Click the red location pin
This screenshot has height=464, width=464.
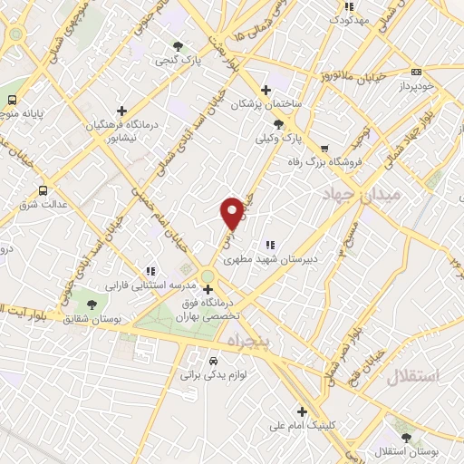[232, 212]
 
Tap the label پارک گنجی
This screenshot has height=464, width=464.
[177, 62]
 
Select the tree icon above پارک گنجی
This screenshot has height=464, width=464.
[178, 46]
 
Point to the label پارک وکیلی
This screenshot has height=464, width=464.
[277, 139]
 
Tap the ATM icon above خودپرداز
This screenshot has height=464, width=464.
[416, 72]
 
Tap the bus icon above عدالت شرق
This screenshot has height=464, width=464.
[43, 190]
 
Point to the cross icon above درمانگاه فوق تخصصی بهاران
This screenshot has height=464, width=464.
[208, 289]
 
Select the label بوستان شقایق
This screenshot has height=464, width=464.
[90, 318]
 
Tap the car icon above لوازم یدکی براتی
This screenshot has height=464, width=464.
[213, 358]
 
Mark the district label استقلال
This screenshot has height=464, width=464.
[412, 376]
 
